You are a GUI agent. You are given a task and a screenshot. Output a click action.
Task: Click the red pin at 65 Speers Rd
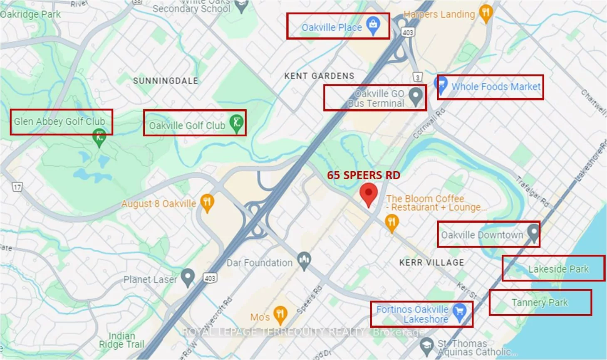coord(368,194)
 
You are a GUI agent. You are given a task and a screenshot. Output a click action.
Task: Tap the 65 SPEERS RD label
coord(363,175)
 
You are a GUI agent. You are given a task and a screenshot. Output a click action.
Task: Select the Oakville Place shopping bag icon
coord(373,25)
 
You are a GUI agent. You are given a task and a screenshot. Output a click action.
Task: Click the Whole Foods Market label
coord(496,87)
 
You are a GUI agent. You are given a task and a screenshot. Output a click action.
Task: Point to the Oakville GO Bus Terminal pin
coord(415,96)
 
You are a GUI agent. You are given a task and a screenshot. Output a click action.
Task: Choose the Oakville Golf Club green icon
coord(236,123)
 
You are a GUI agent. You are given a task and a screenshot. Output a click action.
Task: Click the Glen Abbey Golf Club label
coord(59,121)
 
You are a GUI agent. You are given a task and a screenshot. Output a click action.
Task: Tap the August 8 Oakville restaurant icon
coord(207,202)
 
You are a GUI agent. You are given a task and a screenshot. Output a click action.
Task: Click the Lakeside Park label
coord(558,269)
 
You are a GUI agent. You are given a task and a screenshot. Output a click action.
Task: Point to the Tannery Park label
coord(540,303)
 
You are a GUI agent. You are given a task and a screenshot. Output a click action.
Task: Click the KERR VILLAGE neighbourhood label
coord(431,262)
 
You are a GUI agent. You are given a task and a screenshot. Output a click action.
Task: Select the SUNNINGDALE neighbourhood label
coord(166,81)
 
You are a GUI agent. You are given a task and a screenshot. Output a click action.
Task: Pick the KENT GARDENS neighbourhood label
coord(319,76)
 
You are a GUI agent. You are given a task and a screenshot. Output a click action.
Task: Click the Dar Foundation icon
coord(305,261)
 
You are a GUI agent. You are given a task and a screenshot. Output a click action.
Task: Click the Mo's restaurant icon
coord(280,315)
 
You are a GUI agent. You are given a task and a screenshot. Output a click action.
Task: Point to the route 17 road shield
coord(17,187)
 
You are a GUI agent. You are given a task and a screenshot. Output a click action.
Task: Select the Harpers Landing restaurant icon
coord(486,13)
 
